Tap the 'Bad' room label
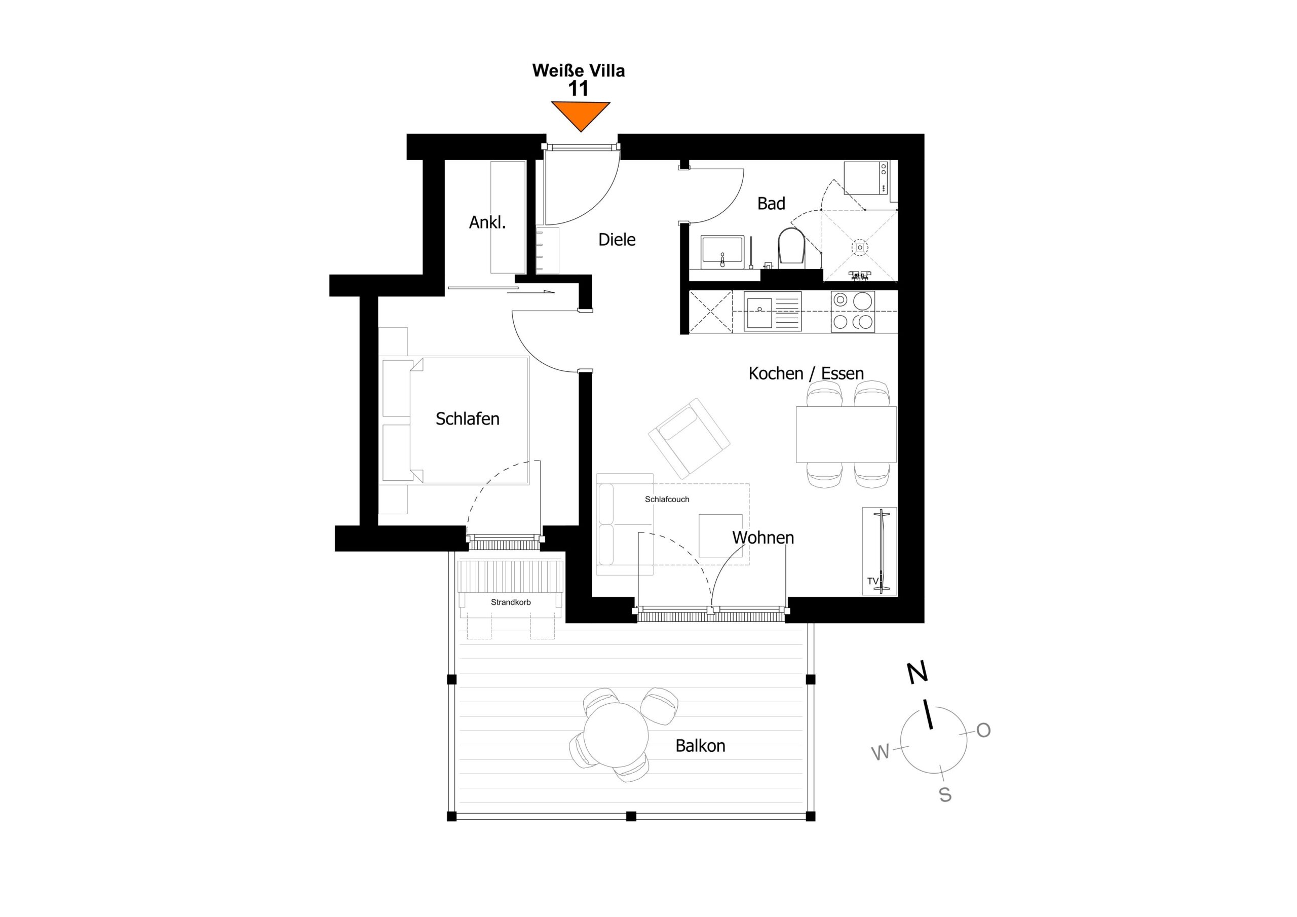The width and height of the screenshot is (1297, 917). pyautogui.click(x=771, y=203)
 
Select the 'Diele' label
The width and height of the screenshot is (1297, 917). pyautogui.click(x=617, y=240)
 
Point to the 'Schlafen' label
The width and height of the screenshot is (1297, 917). pyautogui.click(x=467, y=418)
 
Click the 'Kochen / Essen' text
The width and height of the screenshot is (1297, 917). pyautogui.click(x=806, y=373)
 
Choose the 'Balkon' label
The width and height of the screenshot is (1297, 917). pyautogui.click(x=700, y=746)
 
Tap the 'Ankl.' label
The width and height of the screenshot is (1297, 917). pyautogui.click(x=487, y=222)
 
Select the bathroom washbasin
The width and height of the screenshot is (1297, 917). pyautogui.click(x=722, y=253)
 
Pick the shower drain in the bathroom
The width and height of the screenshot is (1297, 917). pyautogui.click(x=860, y=247)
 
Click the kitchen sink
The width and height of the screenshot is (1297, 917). pyautogui.click(x=773, y=311)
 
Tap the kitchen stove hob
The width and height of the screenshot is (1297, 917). pyautogui.click(x=853, y=311)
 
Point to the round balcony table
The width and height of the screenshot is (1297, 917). pyautogui.click(x=616, y=735)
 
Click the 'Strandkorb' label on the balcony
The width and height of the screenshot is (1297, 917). pyautogui.click(x=511, y=602)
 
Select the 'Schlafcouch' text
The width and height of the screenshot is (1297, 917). pyautogui.click(x=667, y=500)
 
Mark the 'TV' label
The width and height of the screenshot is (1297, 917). pyautogui.click(x=873, y=581)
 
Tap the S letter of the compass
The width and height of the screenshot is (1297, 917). pyautogui.click(x=945, y=795)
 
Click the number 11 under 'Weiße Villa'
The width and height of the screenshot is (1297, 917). pyautogui.click(x=579, y=89)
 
